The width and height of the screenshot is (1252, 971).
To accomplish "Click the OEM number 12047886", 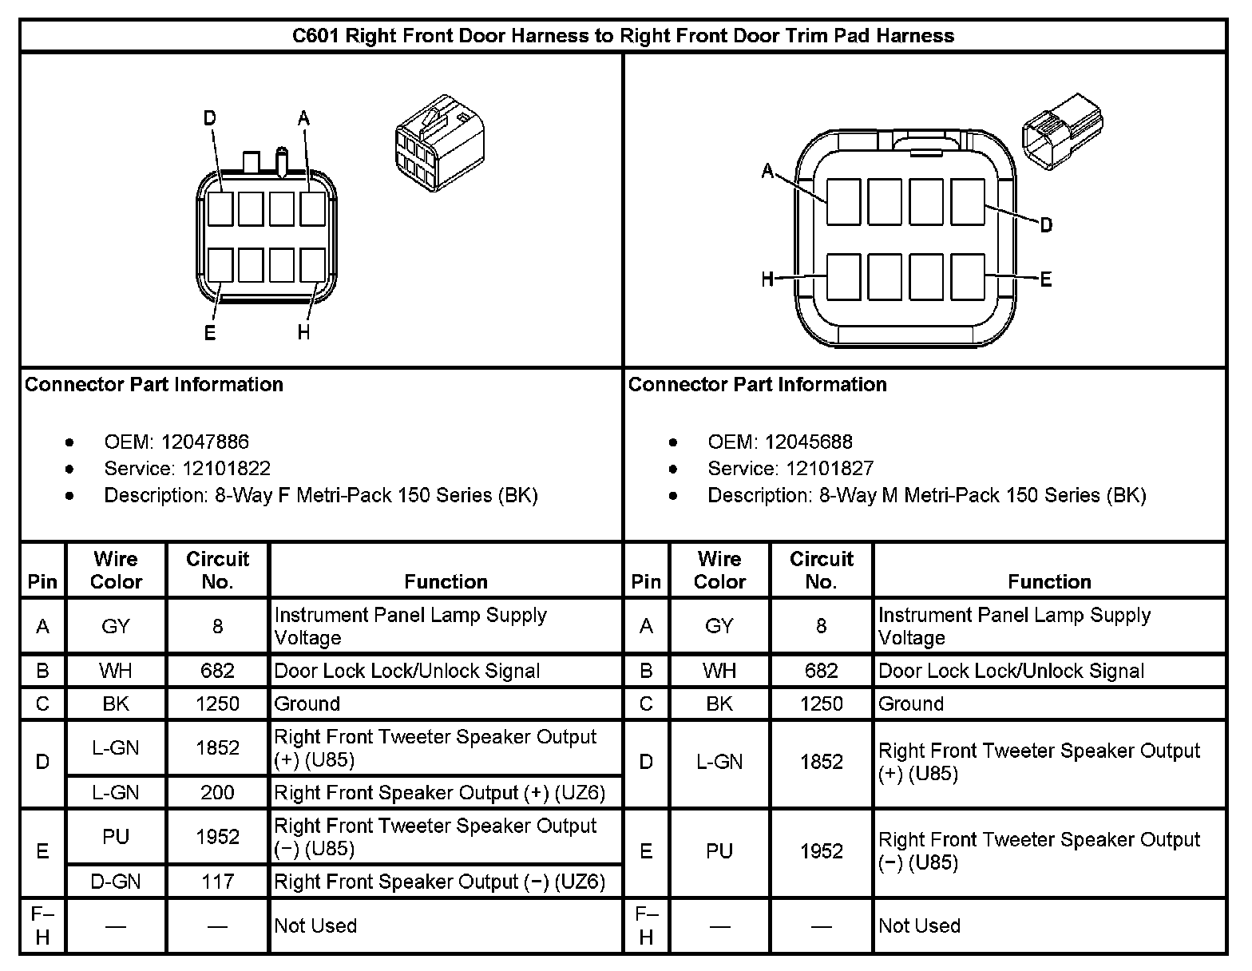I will (204, 442).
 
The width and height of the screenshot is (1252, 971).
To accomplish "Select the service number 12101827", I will (830, 468).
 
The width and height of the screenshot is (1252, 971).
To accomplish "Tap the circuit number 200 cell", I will (217, 792).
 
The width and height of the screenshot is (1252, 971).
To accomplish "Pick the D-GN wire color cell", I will (116, 881).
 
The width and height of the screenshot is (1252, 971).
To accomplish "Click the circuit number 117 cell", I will (217, 881).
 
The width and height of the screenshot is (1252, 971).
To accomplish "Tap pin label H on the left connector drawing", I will (303, 332).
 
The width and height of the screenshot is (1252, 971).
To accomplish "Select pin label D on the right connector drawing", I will (1046, 225).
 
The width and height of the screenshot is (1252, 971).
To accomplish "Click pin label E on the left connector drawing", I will (210, 332).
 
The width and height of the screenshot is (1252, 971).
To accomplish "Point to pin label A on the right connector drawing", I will (768, 171).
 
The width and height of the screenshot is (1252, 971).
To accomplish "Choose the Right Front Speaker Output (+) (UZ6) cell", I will (440, 792).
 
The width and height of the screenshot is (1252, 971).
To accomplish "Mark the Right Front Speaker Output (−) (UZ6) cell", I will (440, 881).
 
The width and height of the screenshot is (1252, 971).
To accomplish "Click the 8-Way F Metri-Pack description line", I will (321, 495).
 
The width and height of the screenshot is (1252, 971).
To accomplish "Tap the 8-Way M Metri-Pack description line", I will (926, 495).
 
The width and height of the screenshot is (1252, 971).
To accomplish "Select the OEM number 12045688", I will (808, 442).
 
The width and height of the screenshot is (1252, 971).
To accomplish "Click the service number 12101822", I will (227, 468).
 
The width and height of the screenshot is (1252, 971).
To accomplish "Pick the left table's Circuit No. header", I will (217, 569).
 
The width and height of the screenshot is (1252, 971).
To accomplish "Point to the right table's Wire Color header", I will (719, 569).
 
